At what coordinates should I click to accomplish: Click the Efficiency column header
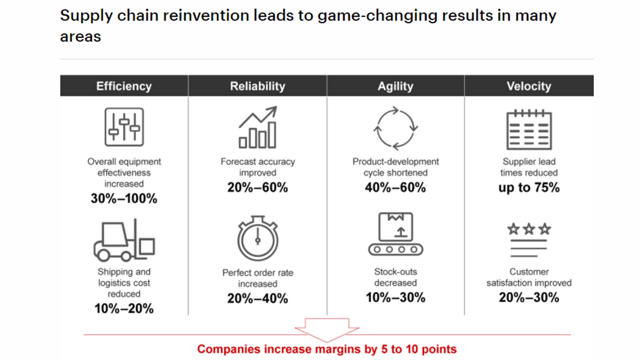(x=124, y=86)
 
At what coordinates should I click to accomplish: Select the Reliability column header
(x=258, y=86)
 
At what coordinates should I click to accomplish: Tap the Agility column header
(x=395, y=86)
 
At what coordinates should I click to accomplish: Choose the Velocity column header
(x=529, y=86)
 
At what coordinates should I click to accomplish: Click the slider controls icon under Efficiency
(x=124, y=127)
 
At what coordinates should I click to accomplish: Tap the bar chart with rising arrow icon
(x=258, y=128)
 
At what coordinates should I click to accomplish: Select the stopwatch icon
(x=258, y=238)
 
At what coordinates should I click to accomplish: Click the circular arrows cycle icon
(x=395, y=128)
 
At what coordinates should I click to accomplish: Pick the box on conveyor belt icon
(x=395, y=234)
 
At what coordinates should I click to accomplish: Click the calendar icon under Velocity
(x=529, y=130)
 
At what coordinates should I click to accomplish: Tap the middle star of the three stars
(x=529, y=229)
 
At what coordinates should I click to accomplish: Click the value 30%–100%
(x=124, y=198)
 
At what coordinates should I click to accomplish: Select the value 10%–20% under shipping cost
(x=124, y=309)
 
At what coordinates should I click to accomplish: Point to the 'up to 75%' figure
(x=529, y=187)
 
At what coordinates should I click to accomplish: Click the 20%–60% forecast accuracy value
(x=258, y=187)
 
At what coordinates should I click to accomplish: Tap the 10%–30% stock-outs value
(x=395, y=297)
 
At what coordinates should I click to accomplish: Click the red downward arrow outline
(x=327, y=329)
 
